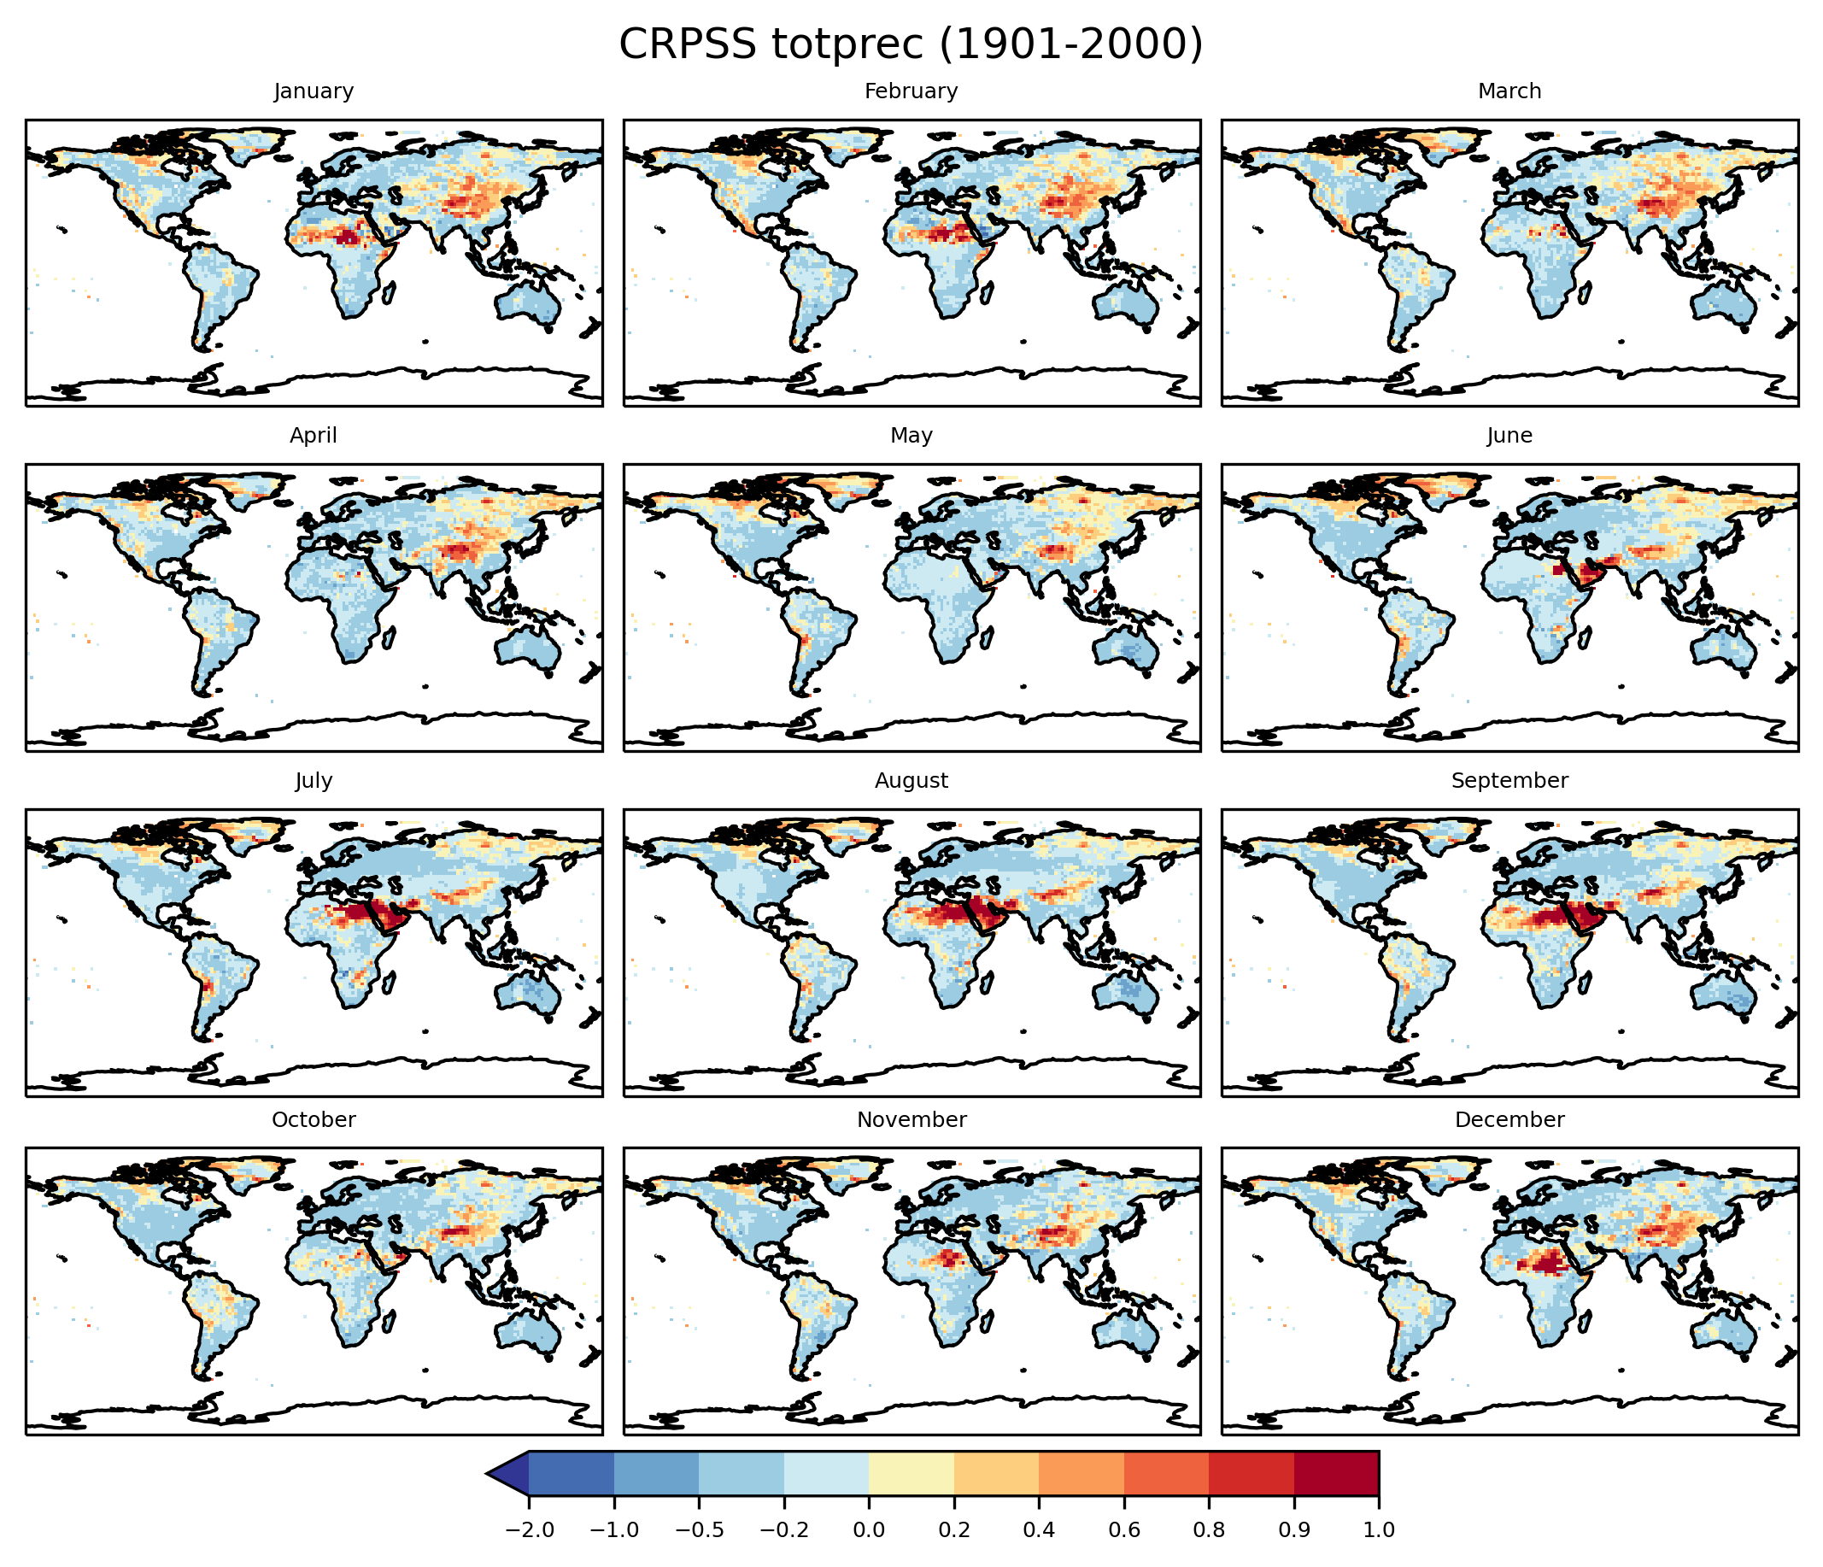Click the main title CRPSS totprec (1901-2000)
pyautogui.click(x=911, y=44)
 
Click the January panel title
pyautogui.click(x=314, y=91)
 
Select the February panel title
pyautogui.click(x=911, y=91)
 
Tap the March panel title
pyautogui.click(x=1509, y=91)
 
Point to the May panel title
pyautogui.click(x=911, y=436)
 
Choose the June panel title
pyautogui.click(x=1509, y=436)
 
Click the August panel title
pyautogui.click(x=911, y=780)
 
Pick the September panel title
pyautogui.click(x=1509, y=780)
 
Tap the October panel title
pyautogui.click(x=314, y=1119)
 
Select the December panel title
pyautogui.click(x=1509, y=1119)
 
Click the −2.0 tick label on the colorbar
pyautogui.click(x=529, y=1530)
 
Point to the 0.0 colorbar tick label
pyautogui.click(x=869, y=1530)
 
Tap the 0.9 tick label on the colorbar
pyautogui.click(x=1293, y=1530)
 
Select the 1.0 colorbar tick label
pyautogui.click(x=1379, y=1530)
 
